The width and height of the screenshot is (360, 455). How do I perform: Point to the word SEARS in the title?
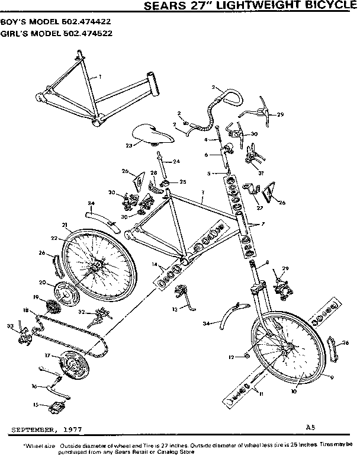click(164, 6)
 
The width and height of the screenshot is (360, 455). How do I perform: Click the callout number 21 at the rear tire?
click(63, 226)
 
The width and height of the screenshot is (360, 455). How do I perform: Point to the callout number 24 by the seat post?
click(177, 161)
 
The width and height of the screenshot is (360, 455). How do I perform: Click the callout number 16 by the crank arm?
click(34, 386)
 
